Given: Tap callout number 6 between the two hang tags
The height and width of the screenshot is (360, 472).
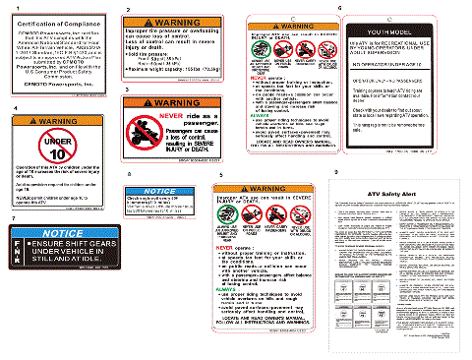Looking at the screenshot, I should pyautogui.click(x=339, y=8).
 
